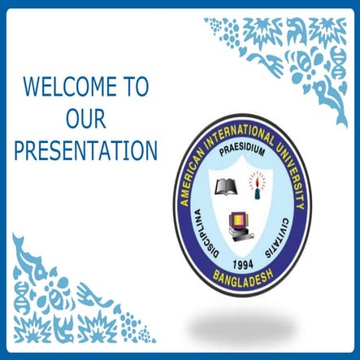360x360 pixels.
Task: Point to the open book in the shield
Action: (224, 188)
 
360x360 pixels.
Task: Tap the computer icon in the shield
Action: (241, 223)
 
